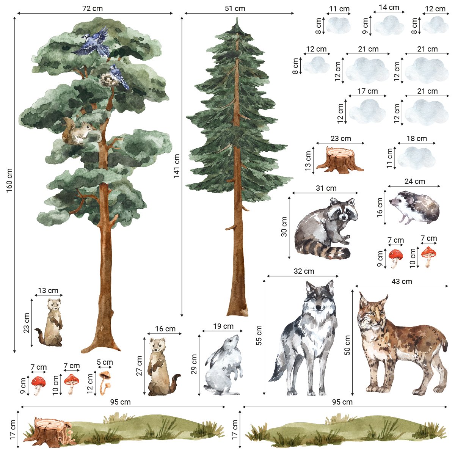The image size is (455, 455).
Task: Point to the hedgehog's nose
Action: click(391, 202)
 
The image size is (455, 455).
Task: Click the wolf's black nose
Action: click(319, 307)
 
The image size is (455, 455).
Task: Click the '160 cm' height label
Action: click(9, 180)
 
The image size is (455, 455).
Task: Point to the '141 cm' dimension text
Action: click(176, 166)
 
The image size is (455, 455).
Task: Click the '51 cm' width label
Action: click(235, 8)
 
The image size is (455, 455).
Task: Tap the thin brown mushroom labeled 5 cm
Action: click(105, 383)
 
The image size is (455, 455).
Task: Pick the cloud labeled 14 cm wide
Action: click(389, 25)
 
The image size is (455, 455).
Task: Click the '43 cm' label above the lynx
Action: click(402, 281)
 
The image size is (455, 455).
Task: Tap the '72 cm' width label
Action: click(93, 8)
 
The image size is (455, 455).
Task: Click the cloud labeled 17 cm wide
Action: click(367, 111)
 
